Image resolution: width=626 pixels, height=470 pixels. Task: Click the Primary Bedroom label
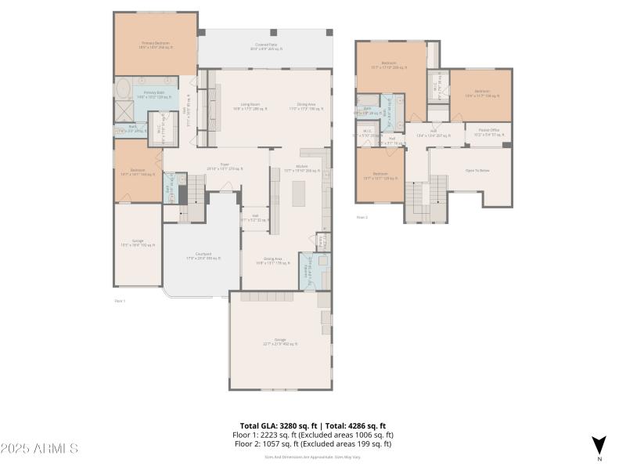pos(156,45)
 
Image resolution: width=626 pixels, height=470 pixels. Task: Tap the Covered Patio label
pos(269,47)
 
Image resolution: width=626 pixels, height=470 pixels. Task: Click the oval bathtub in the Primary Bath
pos(124,88)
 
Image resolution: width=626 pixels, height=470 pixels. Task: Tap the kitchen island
pos(299,193)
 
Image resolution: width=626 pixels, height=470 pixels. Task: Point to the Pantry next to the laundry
pos(322,240)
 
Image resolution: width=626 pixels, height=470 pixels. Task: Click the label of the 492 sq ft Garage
pos(280,342)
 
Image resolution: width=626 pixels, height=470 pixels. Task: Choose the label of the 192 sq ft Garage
pos(138,244)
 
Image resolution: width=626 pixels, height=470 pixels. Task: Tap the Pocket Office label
pos(484,134)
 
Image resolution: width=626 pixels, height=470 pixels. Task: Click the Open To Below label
pos(477,170)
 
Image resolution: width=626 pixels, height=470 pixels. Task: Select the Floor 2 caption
pos(362,217)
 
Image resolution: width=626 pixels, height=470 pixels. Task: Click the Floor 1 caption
pos(120,300)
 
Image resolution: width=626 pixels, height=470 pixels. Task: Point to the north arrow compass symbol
pos(599,445)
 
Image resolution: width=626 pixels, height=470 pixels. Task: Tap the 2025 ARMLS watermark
pos(39,449)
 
